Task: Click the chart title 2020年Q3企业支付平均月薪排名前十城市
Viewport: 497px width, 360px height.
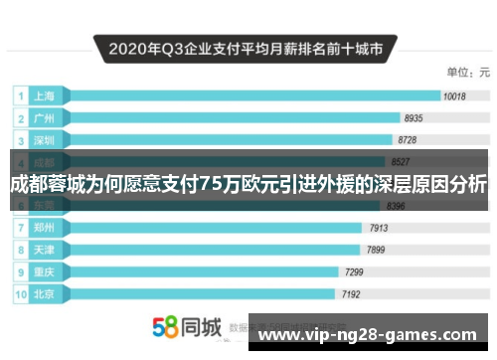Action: pyautogui.click(x=247, y=46)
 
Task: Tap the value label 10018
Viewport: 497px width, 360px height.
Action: pyautogui.click(x=454, y=96)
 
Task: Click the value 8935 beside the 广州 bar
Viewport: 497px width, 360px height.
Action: pyautogui.click(x=414, y=118)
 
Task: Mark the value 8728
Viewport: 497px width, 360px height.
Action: pyautogui.click(x=408, y=139)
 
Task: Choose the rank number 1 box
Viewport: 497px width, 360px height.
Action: pyautogui.click(x=19, y=96)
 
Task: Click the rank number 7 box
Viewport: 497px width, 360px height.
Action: pyautogui.click(x=19, y=227)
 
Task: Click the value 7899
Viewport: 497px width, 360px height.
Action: pyautogui.click(x=377, y=249)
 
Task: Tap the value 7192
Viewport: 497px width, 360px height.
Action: pyautogui.click(x=350, y=293)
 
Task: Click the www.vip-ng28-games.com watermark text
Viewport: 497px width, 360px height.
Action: pyautogui.click(x=367, y=334)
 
